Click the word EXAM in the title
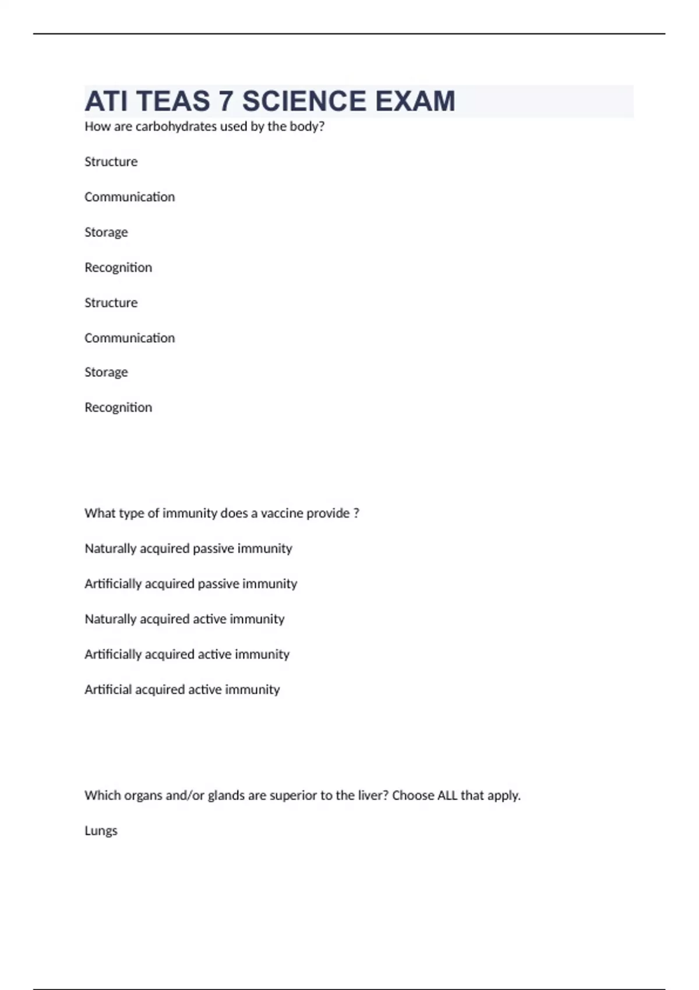click(415, 101)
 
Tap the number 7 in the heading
click(226, 101)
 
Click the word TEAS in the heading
click(174, 101)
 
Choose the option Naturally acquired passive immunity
click(188, 549)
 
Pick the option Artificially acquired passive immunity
click(190, 584)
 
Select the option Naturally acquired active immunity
click(184, 619)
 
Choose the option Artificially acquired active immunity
click(186, 655)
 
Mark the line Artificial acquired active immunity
click(182, 690)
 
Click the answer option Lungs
click(101, 830)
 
